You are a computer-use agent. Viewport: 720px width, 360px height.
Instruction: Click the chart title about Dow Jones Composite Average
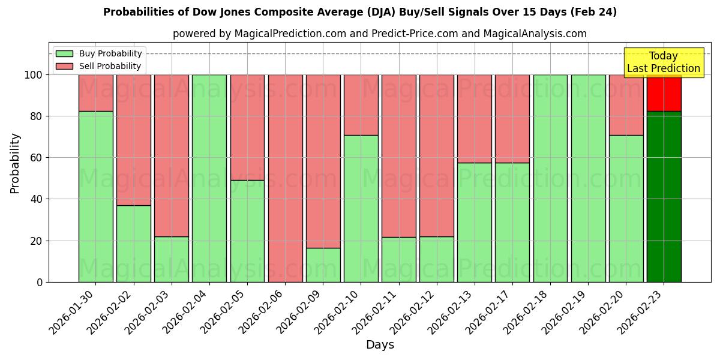pyautogui.click(x=359, y=12)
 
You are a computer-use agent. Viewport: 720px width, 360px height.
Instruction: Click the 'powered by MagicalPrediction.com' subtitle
pyautogui.click(x=379, y=34)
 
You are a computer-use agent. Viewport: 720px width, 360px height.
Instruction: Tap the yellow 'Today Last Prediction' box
pyautogui.click(x=663, y=62)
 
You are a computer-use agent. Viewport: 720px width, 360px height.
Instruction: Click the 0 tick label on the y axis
pyautogui.click(x=40, y=282)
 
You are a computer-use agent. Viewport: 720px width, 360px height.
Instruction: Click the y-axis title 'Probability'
pyautogui.click(x=15, y=163)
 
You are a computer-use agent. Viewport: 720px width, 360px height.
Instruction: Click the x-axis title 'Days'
pyautogui.click(x=380, y=345)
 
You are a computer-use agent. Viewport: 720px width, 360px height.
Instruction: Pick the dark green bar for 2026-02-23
pyautogui.click(x=664, y=196)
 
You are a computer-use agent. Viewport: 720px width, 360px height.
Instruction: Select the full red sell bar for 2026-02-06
pyautogui.click(x=285, y=178)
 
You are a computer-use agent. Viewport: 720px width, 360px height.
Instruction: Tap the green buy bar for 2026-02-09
pyautogui.click(x=323, y=265)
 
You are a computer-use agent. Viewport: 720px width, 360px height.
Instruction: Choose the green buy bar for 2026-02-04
pyautogui.click(x=209, y=178)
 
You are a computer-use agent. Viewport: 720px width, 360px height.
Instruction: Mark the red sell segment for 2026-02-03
pyautogui.click(x=172, y=155)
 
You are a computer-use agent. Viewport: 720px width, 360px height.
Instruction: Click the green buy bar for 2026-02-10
pyautogui.click(x=361, y=208)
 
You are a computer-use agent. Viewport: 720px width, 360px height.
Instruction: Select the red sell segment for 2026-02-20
pyautogui.click(x=626, y=104)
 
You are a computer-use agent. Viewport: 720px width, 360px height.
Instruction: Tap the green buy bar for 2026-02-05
pyautogui.click(x=247, y=231)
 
